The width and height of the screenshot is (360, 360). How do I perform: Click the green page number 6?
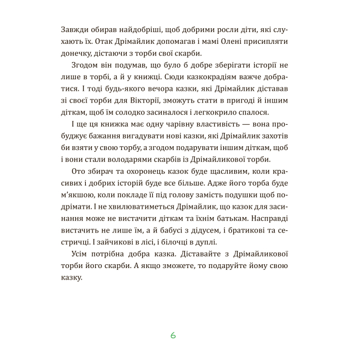(x=173, y=335)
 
